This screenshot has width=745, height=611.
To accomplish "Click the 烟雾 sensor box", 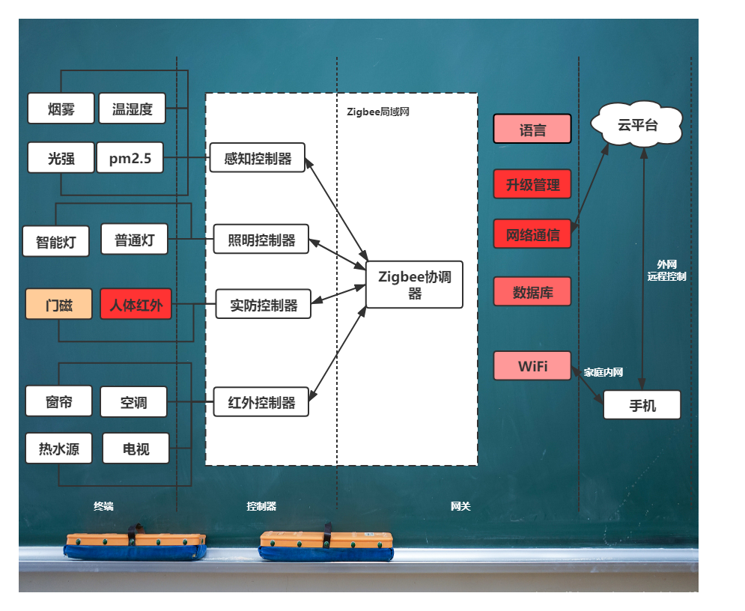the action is pyautogui.click(x=61, y=109).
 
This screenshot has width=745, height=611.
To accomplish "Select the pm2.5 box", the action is pyautogui.click(x=130, y=157).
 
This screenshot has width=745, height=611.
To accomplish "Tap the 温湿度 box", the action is pyautogui.click(x=132, y=109).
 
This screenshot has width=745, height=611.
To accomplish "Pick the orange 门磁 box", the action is pyautogui.click(x=59, y=304).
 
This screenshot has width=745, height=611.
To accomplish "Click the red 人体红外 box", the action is pyautogui.click(x=136, y=304).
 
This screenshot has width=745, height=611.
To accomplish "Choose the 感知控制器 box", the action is pyautogui.click(x=257, y=157).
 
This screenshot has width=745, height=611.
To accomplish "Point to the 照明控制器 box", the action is pyautogui.click(x=261, y=239).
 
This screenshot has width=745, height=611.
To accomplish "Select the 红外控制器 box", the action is pyautogui.click(x=261, y=402).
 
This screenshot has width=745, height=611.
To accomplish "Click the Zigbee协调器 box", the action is pyautogui.click(x=414, y=285).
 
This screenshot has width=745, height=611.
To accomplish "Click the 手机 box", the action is pyautogui.click(x=642, y=405).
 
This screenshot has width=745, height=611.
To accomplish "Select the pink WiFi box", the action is pyautogui.click(x=532, y=366).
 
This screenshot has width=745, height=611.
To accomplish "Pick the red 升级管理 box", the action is pyautogui.click(x=532, y=184).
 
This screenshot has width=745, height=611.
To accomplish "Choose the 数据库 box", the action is pyautogui.click(x=532, y=291).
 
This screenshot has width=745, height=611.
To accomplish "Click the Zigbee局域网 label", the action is pyautogui.click(x=377, y=112).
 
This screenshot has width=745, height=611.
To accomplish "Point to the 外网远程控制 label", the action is pyautogui.click(x=666, y=270).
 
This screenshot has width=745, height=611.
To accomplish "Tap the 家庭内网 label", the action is pyautogui.click(x=603, y=372).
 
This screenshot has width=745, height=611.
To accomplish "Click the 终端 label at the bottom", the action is pyautogui.click(x=103, y=506).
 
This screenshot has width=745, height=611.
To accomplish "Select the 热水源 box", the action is pyautogui.click(x=59, y=448).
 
